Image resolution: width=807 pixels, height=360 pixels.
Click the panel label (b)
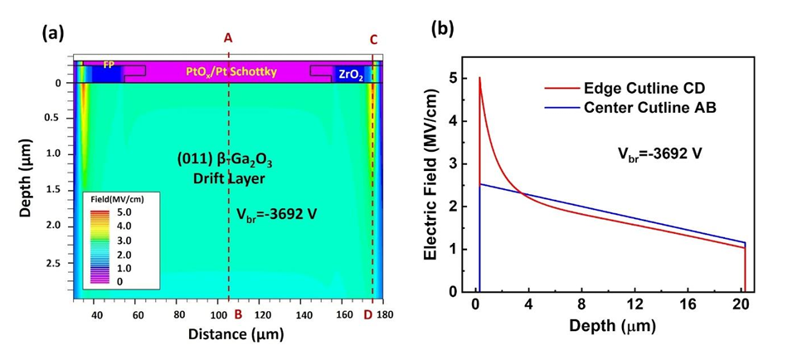click(x=440, y=28)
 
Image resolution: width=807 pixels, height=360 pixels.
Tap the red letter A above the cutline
click(x=228, y=37)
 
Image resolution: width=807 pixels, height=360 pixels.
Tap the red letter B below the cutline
click(x=238, y=314)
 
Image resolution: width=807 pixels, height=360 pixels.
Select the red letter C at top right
click(x=373, y=39)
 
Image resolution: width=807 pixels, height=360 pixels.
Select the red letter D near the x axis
click(x=368, y=314)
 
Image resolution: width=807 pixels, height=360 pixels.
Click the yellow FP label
click(x=108, y=64)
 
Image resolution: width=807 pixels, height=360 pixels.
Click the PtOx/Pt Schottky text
click(x=231, y=72)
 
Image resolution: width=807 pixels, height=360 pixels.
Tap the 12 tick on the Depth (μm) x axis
click(x=634, y=304)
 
